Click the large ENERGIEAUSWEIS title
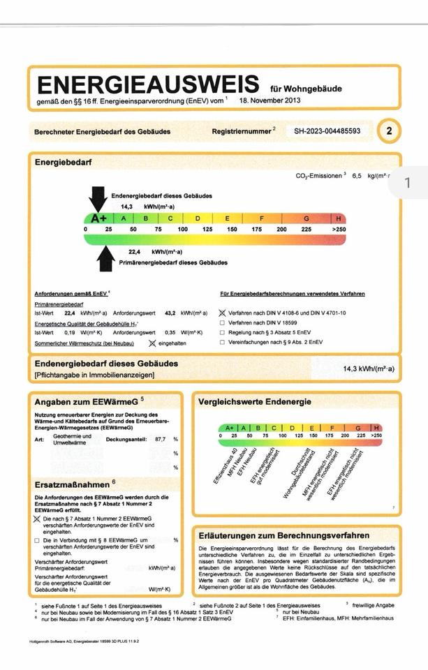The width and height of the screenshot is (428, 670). coord(147,85)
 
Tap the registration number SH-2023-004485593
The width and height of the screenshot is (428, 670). coord(327,131)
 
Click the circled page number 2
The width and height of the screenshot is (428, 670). coord(389,131)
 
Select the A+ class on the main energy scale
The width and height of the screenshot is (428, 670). coord(98,218)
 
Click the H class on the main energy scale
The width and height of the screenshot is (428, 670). coord(339,218)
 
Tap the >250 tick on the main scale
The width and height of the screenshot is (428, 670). coord(339,229)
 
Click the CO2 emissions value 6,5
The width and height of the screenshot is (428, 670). coord(358,177)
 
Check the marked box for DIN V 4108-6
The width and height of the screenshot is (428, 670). coord(223,314)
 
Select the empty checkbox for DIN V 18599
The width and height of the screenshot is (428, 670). coord(223,323)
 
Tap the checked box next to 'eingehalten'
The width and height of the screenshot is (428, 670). coord(152,343)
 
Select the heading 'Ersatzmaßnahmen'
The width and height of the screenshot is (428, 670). coord(72,484)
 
